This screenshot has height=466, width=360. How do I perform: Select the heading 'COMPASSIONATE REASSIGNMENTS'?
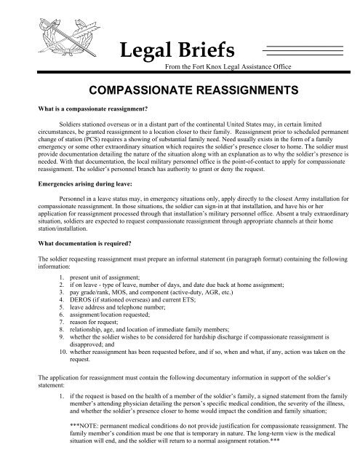[182, 92]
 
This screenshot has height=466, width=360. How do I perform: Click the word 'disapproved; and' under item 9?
[94, 368]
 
